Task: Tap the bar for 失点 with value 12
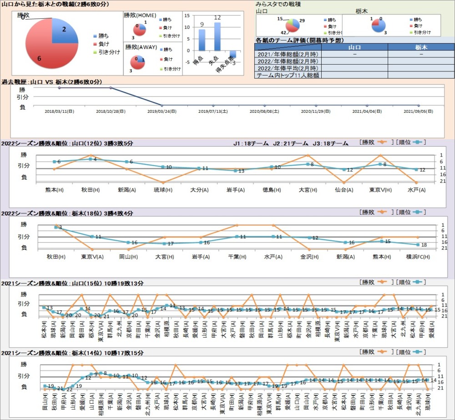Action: click(217, 36)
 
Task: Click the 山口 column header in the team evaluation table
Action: click(354, 47)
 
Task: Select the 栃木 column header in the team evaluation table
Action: click(421, 47)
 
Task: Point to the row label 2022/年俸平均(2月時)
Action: click(288, 68)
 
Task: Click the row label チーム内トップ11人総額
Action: click(288, 75)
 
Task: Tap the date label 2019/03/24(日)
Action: click(162, 111)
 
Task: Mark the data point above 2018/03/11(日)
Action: click(59, 87)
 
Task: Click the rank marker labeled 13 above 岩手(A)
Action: click(235, 171)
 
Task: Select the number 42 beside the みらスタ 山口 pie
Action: click(283, 33)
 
